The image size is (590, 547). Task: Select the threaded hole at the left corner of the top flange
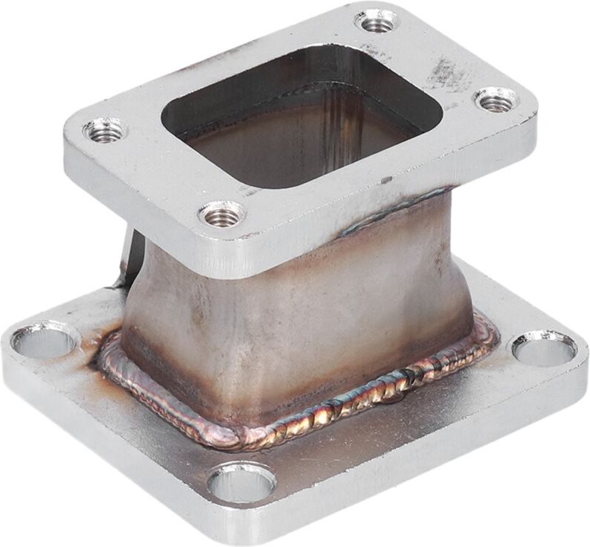pos(105,131)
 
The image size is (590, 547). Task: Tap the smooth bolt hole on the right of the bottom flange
pos(544,348)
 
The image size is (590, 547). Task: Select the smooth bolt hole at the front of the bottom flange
pos(241,483)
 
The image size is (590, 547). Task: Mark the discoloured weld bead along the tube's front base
pos(335,406)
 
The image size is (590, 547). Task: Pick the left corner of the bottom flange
pos(11,346)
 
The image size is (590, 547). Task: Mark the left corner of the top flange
pos(71,141)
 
